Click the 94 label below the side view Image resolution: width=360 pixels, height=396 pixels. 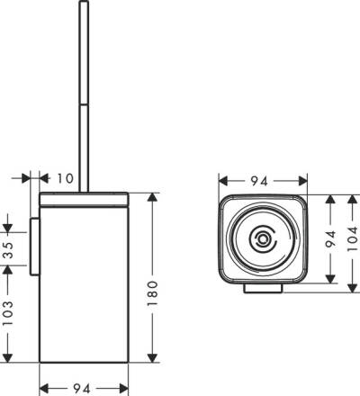(81, 389)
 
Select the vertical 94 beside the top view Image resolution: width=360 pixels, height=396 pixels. (328, 239)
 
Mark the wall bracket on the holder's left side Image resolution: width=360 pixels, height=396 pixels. (34, 244)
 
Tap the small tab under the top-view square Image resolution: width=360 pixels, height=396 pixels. (263, 289)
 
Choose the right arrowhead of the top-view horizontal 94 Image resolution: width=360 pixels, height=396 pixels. (301, 180)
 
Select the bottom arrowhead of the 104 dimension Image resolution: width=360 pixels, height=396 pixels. (354, 288)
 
